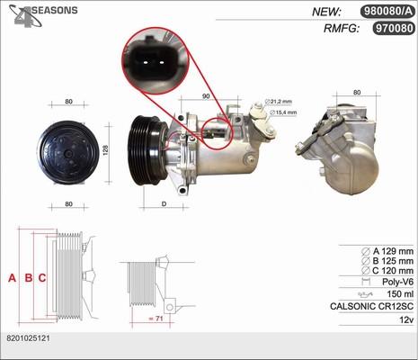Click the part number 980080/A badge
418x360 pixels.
(x=387, y=12)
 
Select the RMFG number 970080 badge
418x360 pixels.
(x=394, y=29)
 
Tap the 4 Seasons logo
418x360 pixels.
(x=43, y=15)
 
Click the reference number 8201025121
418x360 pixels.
(x=28, y=338)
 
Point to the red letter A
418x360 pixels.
(x=12, y=278)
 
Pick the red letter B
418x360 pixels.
(x=29, y=278)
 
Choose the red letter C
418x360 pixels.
(x=42, y=278)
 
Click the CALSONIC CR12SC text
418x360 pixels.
(x=371, y=306)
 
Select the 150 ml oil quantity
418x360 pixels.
(x=400, y=294)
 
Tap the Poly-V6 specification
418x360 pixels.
(x=397, y=282)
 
